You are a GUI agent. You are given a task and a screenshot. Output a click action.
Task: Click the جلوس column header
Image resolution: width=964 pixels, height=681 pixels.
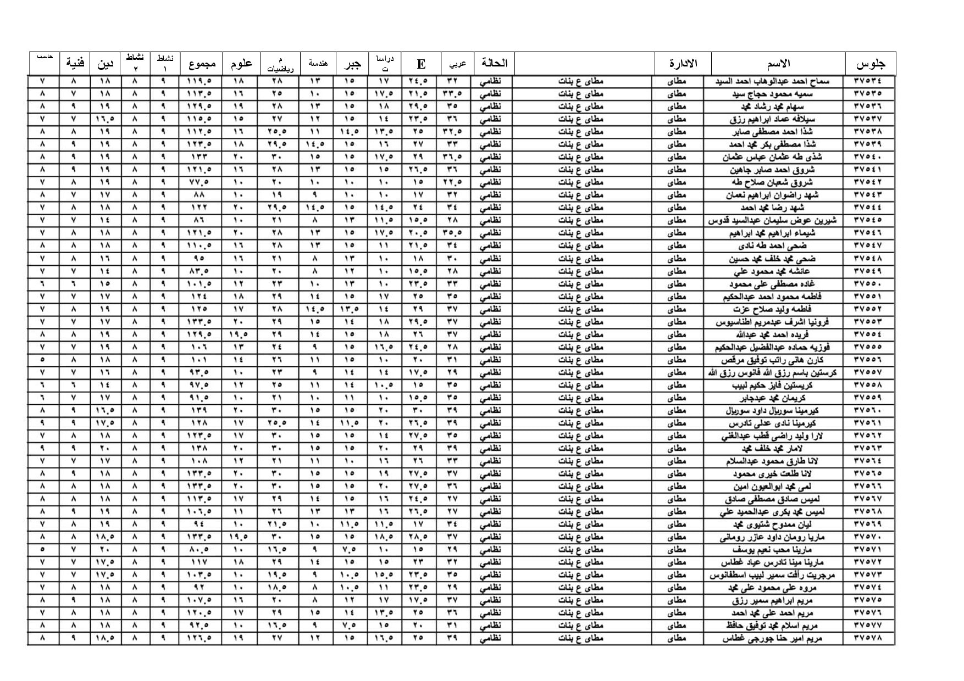tap(870, 64)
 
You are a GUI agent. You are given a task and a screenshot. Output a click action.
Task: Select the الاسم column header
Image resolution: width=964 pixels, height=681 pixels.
tap(778, 64)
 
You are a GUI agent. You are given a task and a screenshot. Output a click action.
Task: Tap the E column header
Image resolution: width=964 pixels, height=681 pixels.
tap(421, 64)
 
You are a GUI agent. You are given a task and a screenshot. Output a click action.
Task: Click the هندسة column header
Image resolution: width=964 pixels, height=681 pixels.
tap(318, 64)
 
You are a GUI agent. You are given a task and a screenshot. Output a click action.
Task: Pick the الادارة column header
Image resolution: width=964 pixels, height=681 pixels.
tap(683, 64)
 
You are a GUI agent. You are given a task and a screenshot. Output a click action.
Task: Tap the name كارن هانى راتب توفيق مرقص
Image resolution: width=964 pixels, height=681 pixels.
tap(768, 360)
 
